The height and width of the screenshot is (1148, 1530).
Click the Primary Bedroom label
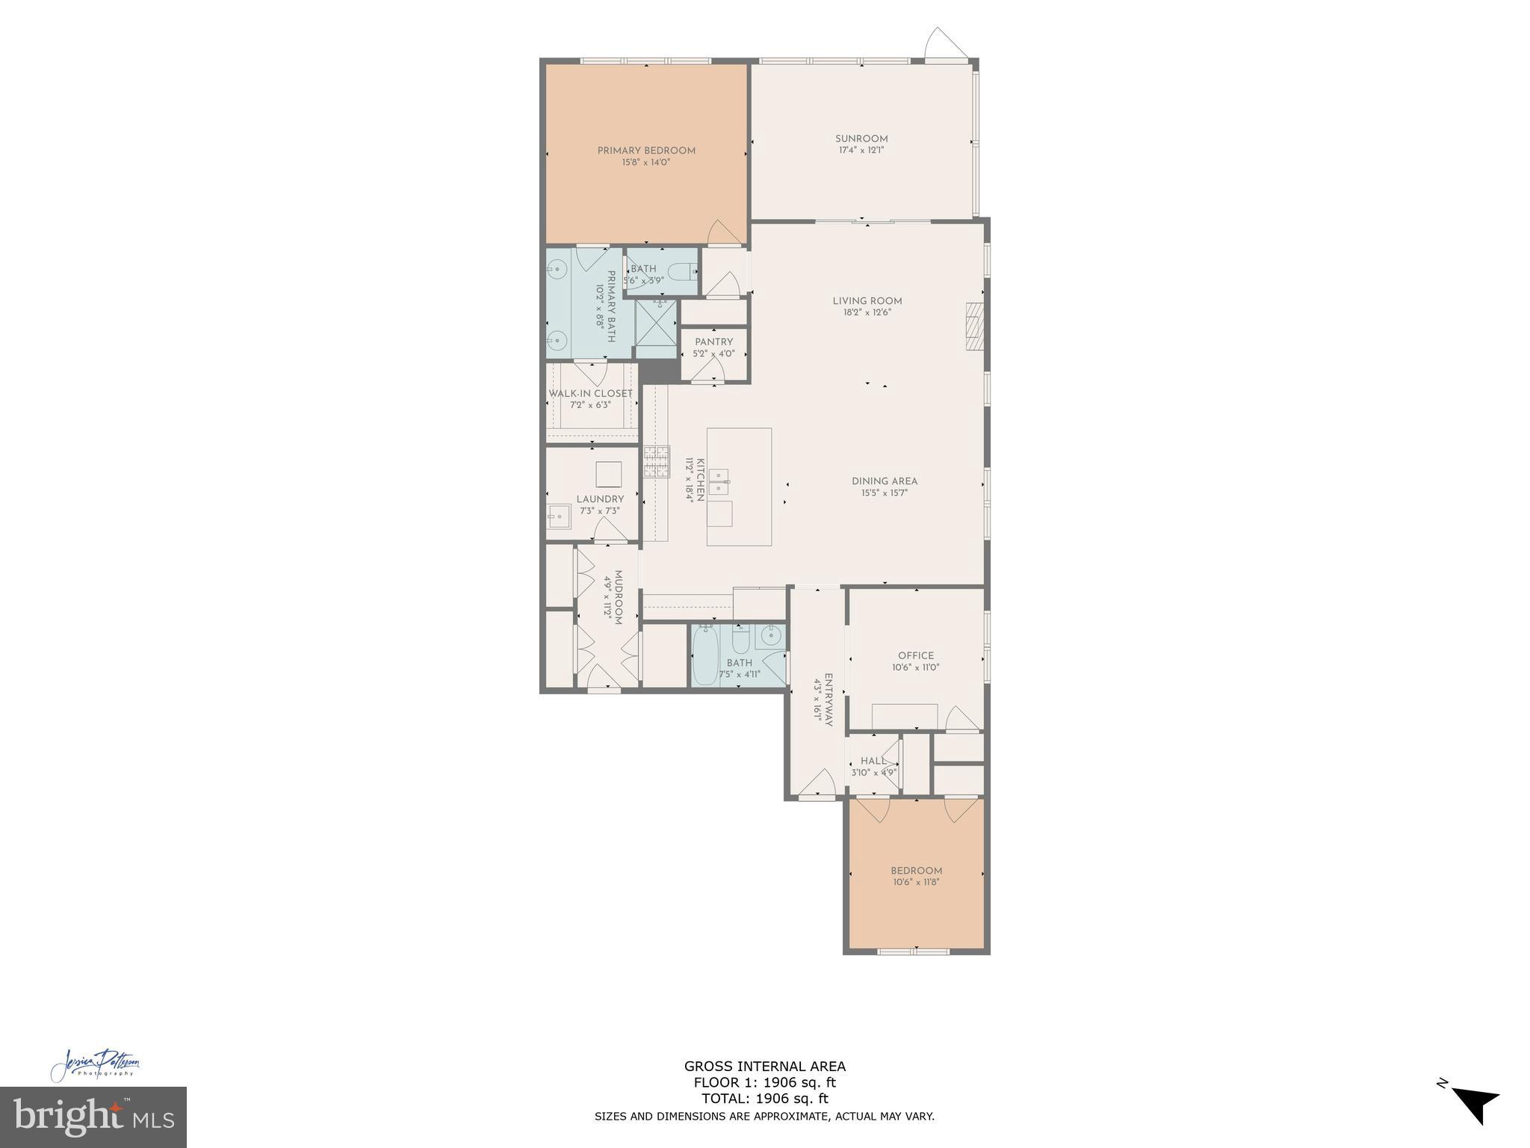646,150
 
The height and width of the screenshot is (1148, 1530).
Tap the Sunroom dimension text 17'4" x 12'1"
861,150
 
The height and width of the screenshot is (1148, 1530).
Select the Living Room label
867,301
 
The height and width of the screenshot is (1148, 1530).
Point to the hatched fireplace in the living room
973,326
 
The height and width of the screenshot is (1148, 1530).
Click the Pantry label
713,342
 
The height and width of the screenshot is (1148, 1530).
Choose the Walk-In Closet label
590,393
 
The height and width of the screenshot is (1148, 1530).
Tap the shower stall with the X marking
655,324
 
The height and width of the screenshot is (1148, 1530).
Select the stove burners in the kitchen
657,461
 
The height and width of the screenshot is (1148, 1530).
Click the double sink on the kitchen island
719,482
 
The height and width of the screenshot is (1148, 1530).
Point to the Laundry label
600,499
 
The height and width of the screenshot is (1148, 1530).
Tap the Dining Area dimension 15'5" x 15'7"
885,493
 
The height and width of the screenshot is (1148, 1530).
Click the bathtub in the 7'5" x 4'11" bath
704,656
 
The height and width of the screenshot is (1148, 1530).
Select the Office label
916,655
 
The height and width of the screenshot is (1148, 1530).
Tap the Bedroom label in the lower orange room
916,871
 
